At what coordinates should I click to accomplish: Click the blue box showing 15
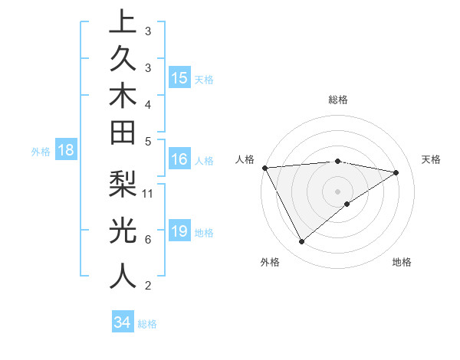pos(179,78)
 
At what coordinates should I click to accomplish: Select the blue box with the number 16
pos(179,160)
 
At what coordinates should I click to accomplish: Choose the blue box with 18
pos(66,150)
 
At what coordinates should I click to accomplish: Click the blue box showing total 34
pos(123,322)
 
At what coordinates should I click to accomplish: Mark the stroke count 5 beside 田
pos(147,141)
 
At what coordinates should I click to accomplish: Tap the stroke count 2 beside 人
pos(147,286)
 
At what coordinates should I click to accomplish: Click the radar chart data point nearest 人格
pos(264,167)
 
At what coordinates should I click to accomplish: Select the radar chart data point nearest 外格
pos(302,242)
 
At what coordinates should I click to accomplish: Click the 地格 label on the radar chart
pos(402,262)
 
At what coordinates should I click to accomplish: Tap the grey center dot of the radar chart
pos(337,191)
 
